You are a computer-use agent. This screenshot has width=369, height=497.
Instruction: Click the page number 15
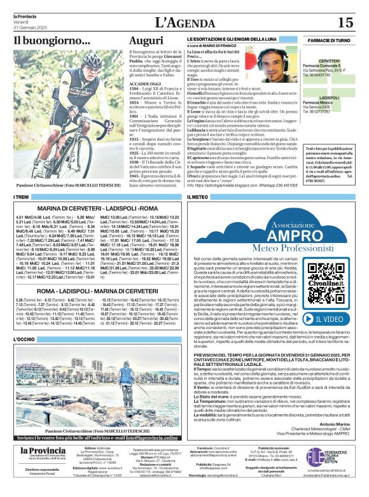click(344, 23)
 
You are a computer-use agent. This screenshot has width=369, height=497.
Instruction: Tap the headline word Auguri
click(146, 41)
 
